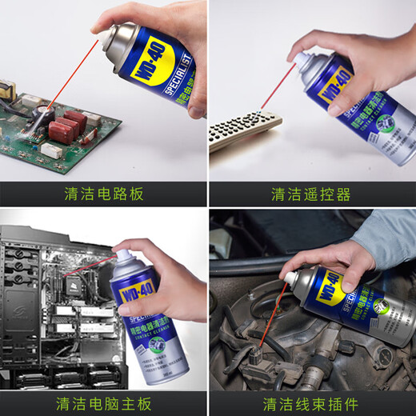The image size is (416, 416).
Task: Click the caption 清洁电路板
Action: coord(103,194)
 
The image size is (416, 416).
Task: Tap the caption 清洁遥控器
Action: coord(311,194)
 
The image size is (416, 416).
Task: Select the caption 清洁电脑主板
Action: coord(103,402)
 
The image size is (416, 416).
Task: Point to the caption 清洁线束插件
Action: coord(311,402)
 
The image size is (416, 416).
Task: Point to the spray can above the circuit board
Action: coord(152,64)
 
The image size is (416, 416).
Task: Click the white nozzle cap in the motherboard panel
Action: coord(125,258)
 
